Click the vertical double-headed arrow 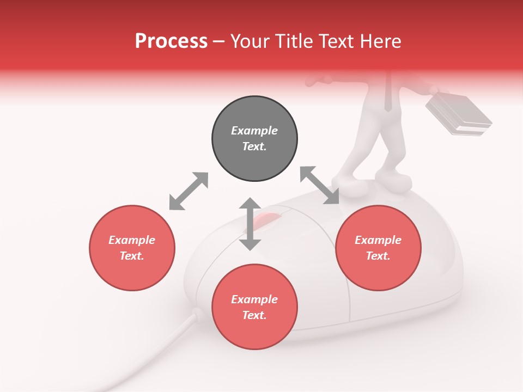tap(250, 224)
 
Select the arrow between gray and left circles tap(188, 191)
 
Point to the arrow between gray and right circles tap(320, 185)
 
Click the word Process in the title tap(171, 41)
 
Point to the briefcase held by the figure tap(458, 113)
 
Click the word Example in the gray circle tap(254, 131)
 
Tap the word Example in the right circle tap(378, 240)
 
